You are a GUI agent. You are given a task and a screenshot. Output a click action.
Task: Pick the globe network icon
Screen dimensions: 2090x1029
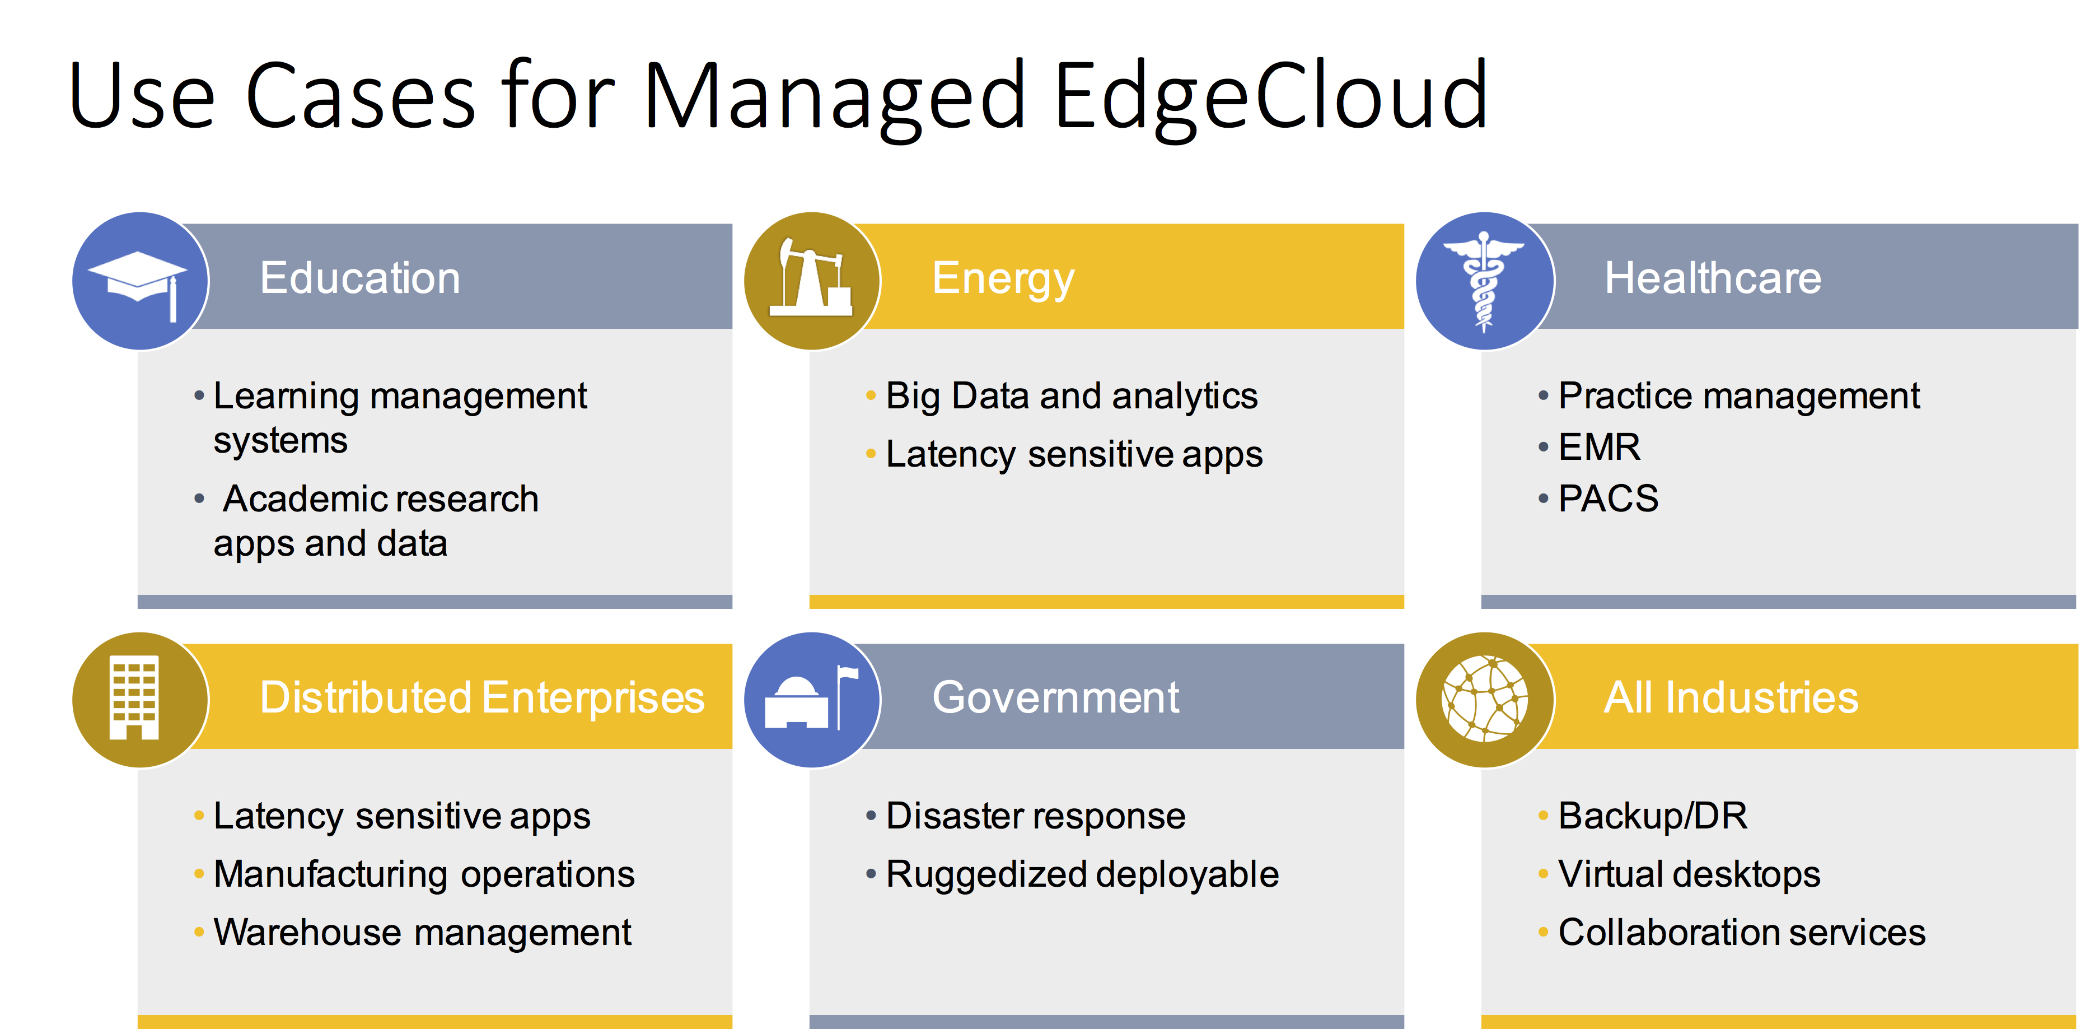1485,699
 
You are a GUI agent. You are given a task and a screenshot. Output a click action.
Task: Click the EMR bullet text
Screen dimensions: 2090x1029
1599,447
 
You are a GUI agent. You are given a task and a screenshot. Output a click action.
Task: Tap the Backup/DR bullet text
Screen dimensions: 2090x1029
1653,816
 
